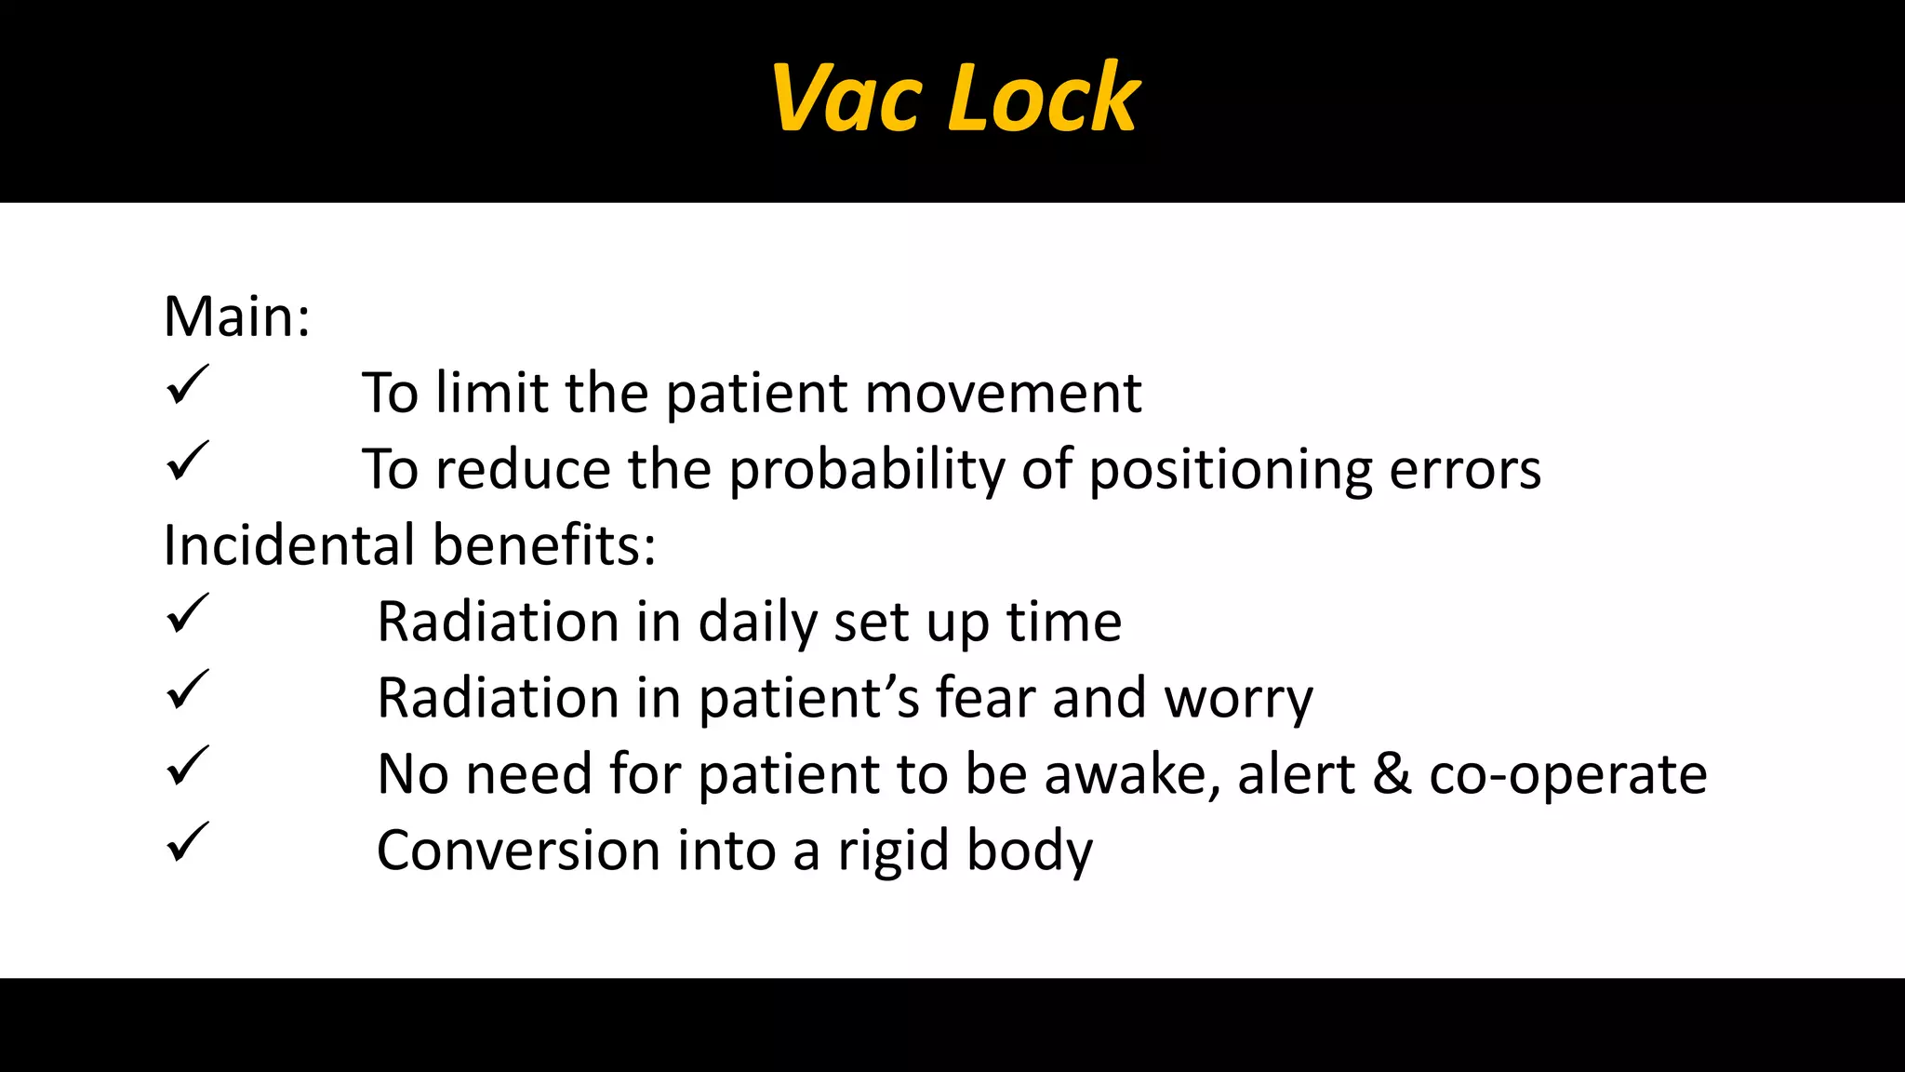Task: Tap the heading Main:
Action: [236, 316]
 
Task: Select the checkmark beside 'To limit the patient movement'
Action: [187, 385]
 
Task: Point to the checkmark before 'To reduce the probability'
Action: [187, 462]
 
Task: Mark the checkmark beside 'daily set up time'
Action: [187, 614]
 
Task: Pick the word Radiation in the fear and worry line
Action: [498, 698]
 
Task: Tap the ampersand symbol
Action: [1392, 774]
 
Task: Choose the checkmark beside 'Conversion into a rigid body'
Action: [187, 843]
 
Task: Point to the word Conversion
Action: [518, 851]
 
